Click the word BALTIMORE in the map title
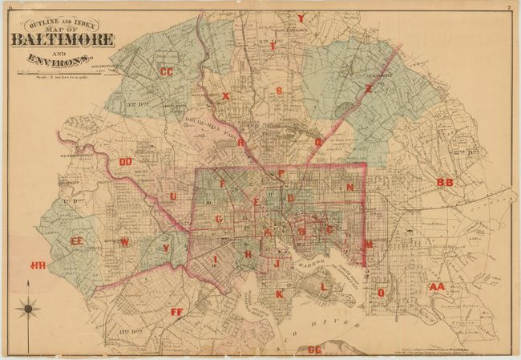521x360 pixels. pos(63,40)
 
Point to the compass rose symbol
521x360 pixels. pos(28,306)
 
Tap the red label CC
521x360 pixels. pos(167,72)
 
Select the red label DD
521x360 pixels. pos(126,162)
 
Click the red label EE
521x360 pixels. pos(77,241)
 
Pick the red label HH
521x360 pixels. pos(38,265)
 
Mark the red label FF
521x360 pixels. pos(177,311)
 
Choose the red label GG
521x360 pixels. pos(314,350)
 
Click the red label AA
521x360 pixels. pos(436,286)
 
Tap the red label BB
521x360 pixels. pos(445,183)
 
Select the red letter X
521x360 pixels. pos(226,96)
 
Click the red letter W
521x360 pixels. pos(124,242)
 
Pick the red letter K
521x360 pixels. pos(279,294)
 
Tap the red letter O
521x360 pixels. pos(381,293)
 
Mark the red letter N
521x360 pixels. pos(349,187)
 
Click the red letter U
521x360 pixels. pos(172,196)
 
